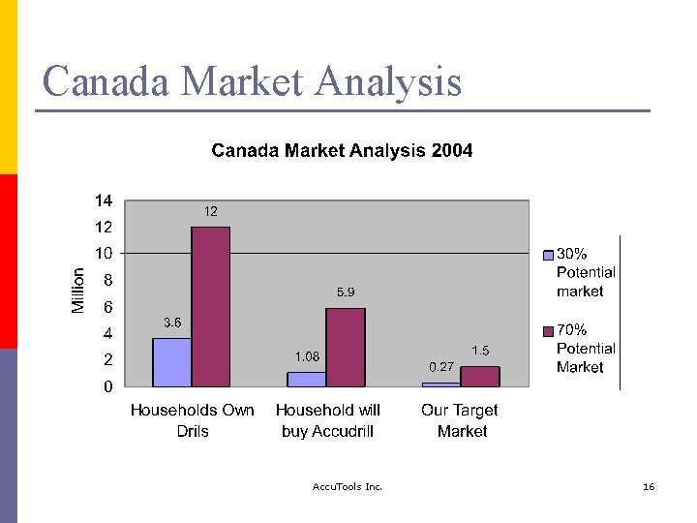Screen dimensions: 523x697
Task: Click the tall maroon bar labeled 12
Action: point(210,306)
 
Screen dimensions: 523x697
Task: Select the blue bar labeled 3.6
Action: point(171,362)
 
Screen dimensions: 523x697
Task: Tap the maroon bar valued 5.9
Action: point(346,347)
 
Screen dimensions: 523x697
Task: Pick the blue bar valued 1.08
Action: point(306,379)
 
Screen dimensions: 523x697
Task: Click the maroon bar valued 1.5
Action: point(480,376)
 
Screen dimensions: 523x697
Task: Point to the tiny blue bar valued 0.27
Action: point(441,384)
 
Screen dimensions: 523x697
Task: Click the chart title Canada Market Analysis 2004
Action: point(342,150)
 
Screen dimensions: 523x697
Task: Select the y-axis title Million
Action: point(78,291)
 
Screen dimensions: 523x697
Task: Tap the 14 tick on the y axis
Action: point(103,200)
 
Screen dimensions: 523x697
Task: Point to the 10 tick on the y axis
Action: point(103,253)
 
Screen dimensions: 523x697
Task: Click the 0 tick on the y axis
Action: point(106,386)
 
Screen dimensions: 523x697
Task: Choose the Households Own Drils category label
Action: point(192,420)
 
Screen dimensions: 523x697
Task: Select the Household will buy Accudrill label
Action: point(327,420)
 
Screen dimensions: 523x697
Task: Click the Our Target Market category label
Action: point(461,420)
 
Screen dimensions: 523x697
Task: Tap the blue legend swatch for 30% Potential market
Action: point(548,255)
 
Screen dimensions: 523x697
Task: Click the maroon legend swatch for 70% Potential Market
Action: point(548,331)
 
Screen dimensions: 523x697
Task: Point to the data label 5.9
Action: point(346,292)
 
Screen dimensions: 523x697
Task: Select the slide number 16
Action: point(649,486)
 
